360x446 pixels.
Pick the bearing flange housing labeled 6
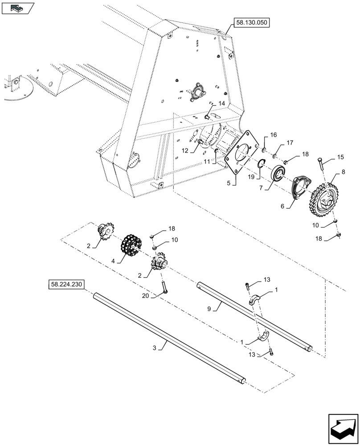[299, 187]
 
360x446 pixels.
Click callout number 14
[221, 103]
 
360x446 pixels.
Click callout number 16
[273, 135]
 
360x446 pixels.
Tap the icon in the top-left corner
[17, 8]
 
